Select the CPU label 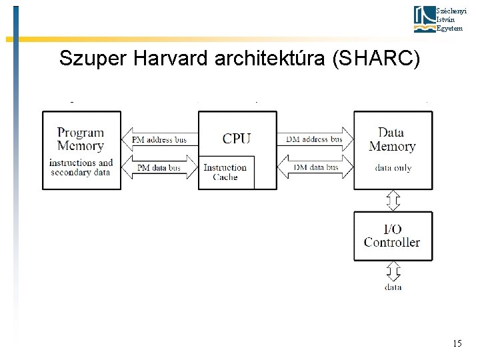tap(237, 139)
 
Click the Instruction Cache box tap(225, 173)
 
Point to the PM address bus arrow tap(160, 140)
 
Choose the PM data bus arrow tap(160, 168)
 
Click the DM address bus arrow tap(315, 139)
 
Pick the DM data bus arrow tap(315, 167)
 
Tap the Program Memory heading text tap(81, 139)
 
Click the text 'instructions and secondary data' tap(81, 167)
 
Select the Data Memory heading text tap(392, 139)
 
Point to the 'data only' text tap(393, 168)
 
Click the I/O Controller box tap(393, 236)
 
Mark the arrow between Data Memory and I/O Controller tap(393, 200)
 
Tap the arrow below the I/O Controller tap(393, 271)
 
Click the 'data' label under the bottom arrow tap(393, 287)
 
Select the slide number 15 tap(457, 343)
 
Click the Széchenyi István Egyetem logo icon tap(423, 19)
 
